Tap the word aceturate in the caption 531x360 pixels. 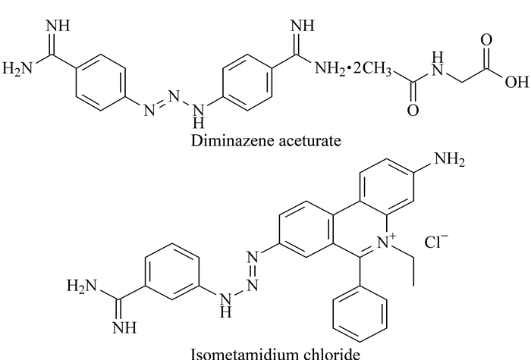coord(309,140)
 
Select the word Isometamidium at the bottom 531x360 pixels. coord(243,354)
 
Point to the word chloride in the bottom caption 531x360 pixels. coord(329,354)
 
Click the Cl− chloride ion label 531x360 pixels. coord(436,241)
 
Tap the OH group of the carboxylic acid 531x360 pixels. coord(517,82)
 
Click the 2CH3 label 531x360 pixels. coord(372,69)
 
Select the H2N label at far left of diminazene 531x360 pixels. coord(17,69)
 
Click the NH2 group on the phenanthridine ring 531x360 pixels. coord(449,159)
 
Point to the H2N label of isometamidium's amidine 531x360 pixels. coord(82,286)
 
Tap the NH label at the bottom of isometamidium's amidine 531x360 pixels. coord(124,327)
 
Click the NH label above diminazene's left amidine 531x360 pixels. coord(58,26)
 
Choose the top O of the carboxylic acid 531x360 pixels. coord(486,40)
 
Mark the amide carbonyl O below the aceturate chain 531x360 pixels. coord(413,111)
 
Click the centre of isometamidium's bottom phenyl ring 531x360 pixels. coord(360,314)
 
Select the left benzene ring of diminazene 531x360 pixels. coord(101,82)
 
